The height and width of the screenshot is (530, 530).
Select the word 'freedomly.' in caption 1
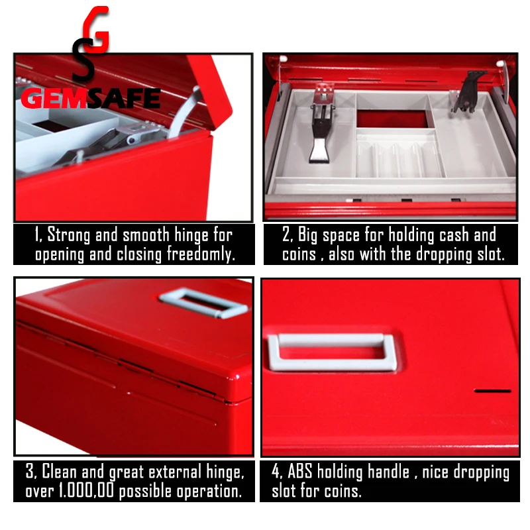[201, 254]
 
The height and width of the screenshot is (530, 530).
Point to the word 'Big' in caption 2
[307, 235]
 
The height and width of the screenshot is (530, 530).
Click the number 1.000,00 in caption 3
[86, 491]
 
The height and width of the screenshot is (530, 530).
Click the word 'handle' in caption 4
[388, 472]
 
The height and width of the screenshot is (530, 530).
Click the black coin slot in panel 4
[492, 391]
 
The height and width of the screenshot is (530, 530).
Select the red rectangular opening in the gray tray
[393, 119]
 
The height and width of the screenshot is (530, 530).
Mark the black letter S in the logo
[83, 62]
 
